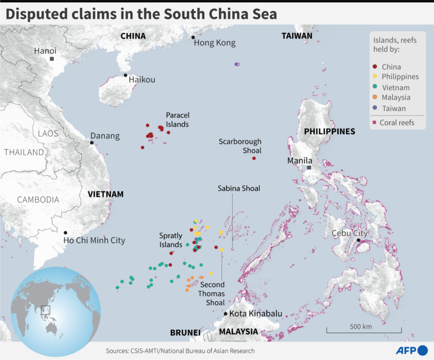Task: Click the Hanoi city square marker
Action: pos(52,59)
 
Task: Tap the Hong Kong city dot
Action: pos(193,37)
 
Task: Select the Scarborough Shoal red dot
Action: pos(254,158)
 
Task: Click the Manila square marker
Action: pos(309,168)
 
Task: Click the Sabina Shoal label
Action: pos(239,188)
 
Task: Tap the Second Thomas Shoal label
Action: pos(212,293)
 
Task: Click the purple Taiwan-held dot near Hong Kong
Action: pos(237,64)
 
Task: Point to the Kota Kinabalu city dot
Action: pos(226,314)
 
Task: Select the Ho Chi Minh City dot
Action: pos(66,233)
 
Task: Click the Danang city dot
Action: pos(92,143)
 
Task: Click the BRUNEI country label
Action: pos(185,332)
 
